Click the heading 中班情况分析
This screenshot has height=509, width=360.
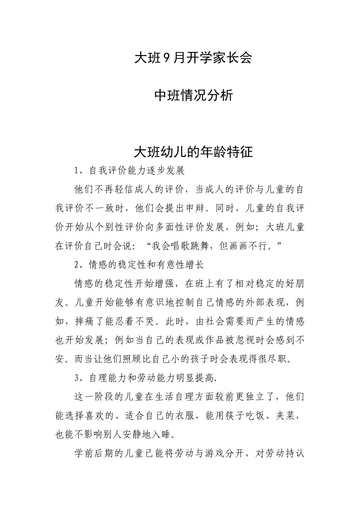pos(194,95)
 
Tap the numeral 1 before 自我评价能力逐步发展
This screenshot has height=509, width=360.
pos(77,171)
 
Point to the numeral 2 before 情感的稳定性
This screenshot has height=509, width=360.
pos(77,265)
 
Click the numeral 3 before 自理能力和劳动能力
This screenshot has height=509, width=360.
pos(77,378)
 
